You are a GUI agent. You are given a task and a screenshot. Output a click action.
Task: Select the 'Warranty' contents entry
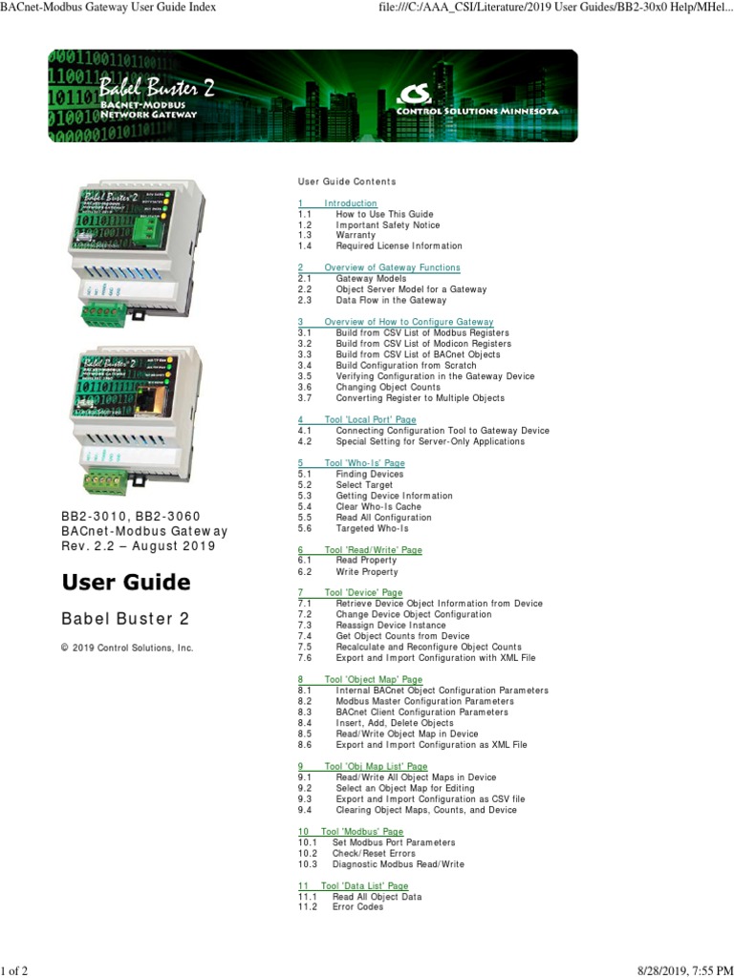point(356,235)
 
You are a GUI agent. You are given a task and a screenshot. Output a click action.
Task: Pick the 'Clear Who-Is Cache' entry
point(378,507)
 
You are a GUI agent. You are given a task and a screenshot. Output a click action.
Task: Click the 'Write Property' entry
point(367,572)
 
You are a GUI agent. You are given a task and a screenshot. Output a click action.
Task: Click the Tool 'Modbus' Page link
point(350,832)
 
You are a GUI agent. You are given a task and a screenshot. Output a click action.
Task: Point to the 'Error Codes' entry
point(357,907)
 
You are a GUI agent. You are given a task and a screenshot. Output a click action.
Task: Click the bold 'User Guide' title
point(126,583)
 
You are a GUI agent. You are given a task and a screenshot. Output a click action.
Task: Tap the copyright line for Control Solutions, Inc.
point(127,648)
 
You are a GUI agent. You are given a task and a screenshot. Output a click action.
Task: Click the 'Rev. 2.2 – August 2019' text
point(139,546)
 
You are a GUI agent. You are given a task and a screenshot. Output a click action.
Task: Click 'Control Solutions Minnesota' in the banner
point(478,111)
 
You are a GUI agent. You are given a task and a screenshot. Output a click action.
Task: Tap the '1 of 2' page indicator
point(14,971)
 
